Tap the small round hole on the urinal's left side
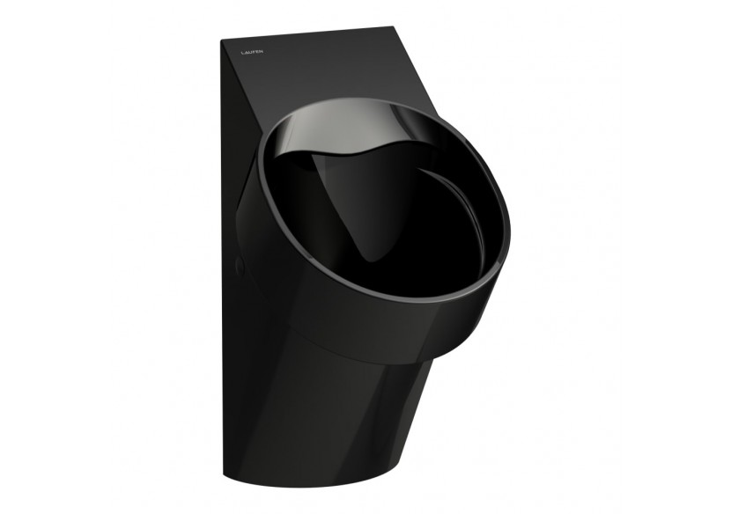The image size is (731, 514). pyautogui.click(x=239, y=265)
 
